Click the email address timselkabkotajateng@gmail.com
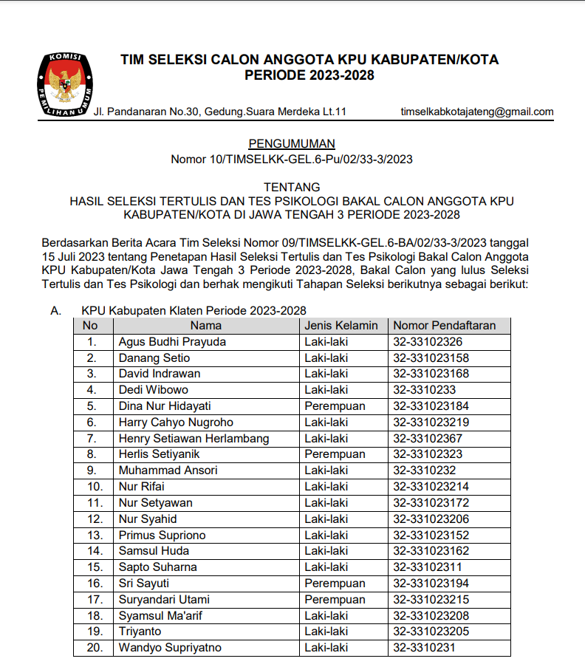pyautogui.click(x=476, y=112)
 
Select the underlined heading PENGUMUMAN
pyautogui.click(x=292, y=143)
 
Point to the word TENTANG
pyautogui.click(x=292, y=187)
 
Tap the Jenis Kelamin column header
pyautogui.click(x=341, y=326)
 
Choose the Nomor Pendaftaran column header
pyautogui.click(x=444, y=326)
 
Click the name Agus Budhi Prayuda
pyautogui.click(x=172, y=342)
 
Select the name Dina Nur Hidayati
pyautogui.click(x=165, y=406)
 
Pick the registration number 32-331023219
pyautogui.click(x=431, y=423)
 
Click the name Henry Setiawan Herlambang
pyautogui.click(x=194, y=439)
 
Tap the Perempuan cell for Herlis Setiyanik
pyautogui.click(x=335, y=454)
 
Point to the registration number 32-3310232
pyautogui.click(x=424, y=471)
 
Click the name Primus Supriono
pyautogui.click(x=162, y=535)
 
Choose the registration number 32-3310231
pyautogui.click(x=424, y=648)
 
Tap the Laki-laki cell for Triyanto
pyautogui.click(x=326, y=632)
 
